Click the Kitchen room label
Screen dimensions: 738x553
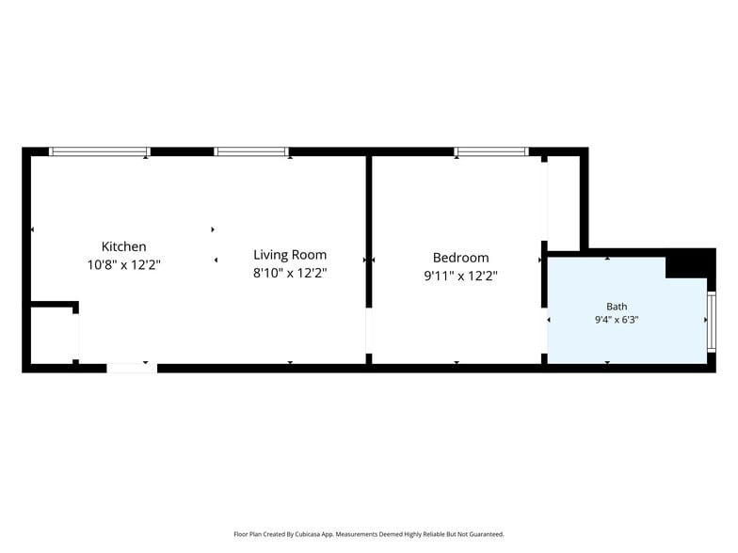coord(124,246)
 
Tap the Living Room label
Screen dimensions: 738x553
coord(290,255)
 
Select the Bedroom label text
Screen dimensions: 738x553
coord(461,258)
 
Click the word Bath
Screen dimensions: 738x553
coord(617,307)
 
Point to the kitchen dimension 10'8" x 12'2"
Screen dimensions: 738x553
coord(124,265)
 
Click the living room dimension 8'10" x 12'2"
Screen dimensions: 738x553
coord(290,273)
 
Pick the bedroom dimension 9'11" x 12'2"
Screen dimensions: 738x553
coord(461,276)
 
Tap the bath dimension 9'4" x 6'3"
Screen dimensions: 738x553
coord(617,320)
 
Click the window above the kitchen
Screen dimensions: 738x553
coord(100,151)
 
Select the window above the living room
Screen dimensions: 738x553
coord(251,151)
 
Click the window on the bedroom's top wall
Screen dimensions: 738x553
coord(491,151)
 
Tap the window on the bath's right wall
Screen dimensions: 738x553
coord(712,322)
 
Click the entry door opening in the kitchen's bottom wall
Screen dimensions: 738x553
coord(132,369)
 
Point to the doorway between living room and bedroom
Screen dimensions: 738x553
coord(369,331)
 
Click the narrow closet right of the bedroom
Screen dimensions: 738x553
coord(563,203)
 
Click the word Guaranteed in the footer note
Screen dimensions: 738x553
coord(489,534)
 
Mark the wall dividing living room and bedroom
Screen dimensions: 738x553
coord(369,231)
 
